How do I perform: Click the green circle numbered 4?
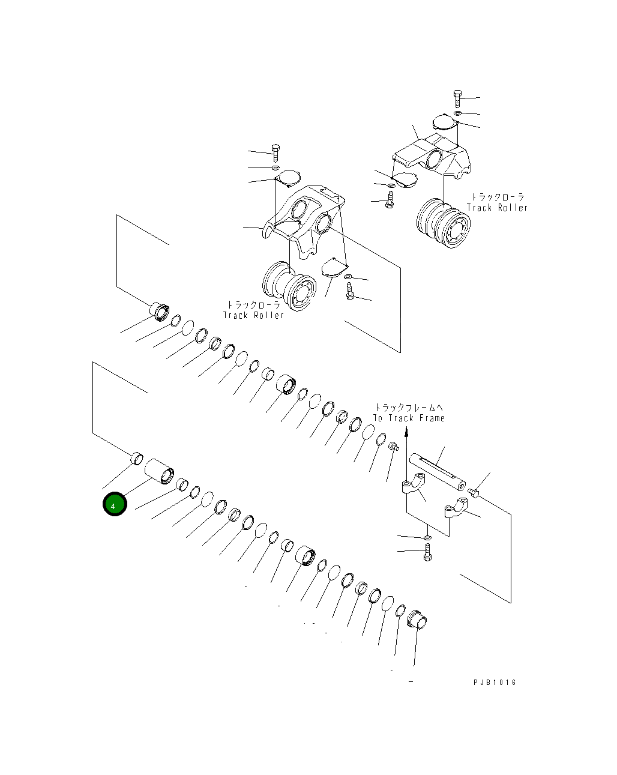(x=115, y=504)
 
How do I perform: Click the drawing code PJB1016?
(x=495, y=683)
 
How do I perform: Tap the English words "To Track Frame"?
(x=409, y=418)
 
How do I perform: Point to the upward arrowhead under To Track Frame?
(x=407, y=432)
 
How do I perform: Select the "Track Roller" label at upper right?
(x=497, y=208)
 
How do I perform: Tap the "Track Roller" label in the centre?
(x=253, y=316)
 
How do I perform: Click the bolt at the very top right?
(x=457, y=98)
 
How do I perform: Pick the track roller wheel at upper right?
(x=444, y=223)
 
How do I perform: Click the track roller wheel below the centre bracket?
(x=289, y=286)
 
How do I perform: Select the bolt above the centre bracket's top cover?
(x=275, y=153)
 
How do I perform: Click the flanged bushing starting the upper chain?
(x=160, y=312)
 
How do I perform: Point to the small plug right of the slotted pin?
(x=474, y=492)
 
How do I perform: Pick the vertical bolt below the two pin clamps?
(x=427, y=552)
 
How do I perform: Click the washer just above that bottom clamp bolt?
(x=427, y=538)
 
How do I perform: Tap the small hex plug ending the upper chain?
(x=394, y=447)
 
